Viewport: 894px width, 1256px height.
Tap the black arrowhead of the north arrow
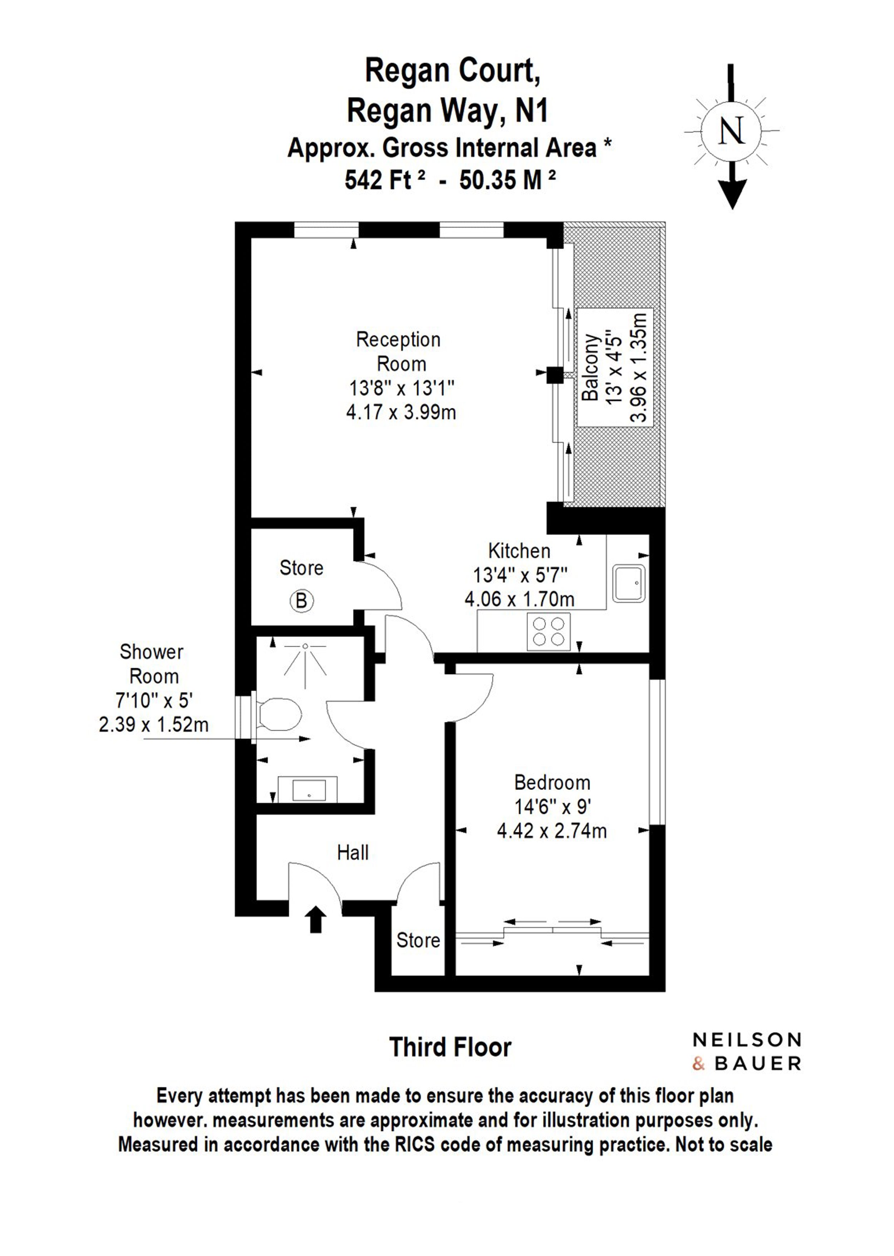[x=732, y=194]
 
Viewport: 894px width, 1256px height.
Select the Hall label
[x=353, y=853]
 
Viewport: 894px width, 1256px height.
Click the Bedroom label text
[x=552, y=782]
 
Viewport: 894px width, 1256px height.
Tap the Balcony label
[x=590, y=368]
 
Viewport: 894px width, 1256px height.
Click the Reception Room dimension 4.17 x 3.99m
[x=401, y=412]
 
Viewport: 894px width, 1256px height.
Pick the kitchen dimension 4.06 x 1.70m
[x=520, y=599]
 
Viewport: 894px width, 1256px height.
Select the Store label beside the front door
[x=418, y=940]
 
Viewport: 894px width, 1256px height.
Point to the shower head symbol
[x=305, y=659]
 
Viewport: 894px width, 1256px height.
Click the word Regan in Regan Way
[x=389, y=111]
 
